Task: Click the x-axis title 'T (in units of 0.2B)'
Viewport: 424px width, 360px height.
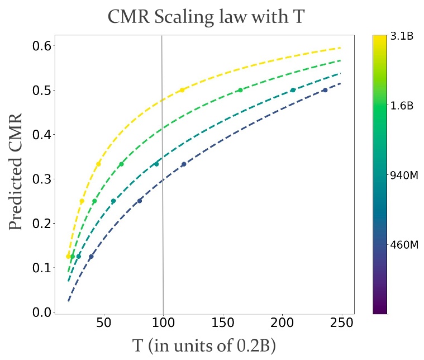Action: pos(204,345)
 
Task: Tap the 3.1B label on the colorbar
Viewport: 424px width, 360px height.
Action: pos(401,37)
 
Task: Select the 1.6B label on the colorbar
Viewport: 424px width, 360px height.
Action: pos(401,105)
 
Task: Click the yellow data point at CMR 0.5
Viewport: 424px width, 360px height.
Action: pos(182,90)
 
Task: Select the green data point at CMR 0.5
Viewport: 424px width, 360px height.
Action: pos(240,90)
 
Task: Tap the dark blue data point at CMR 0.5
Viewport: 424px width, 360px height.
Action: pos(325,90)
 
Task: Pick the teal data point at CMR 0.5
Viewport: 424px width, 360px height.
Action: pos(293,90)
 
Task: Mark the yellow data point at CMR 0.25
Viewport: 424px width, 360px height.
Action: pos(82,201)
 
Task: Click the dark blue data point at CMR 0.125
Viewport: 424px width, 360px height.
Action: pos(91,257)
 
